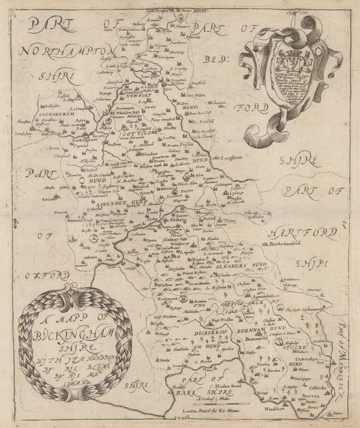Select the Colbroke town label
319,378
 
